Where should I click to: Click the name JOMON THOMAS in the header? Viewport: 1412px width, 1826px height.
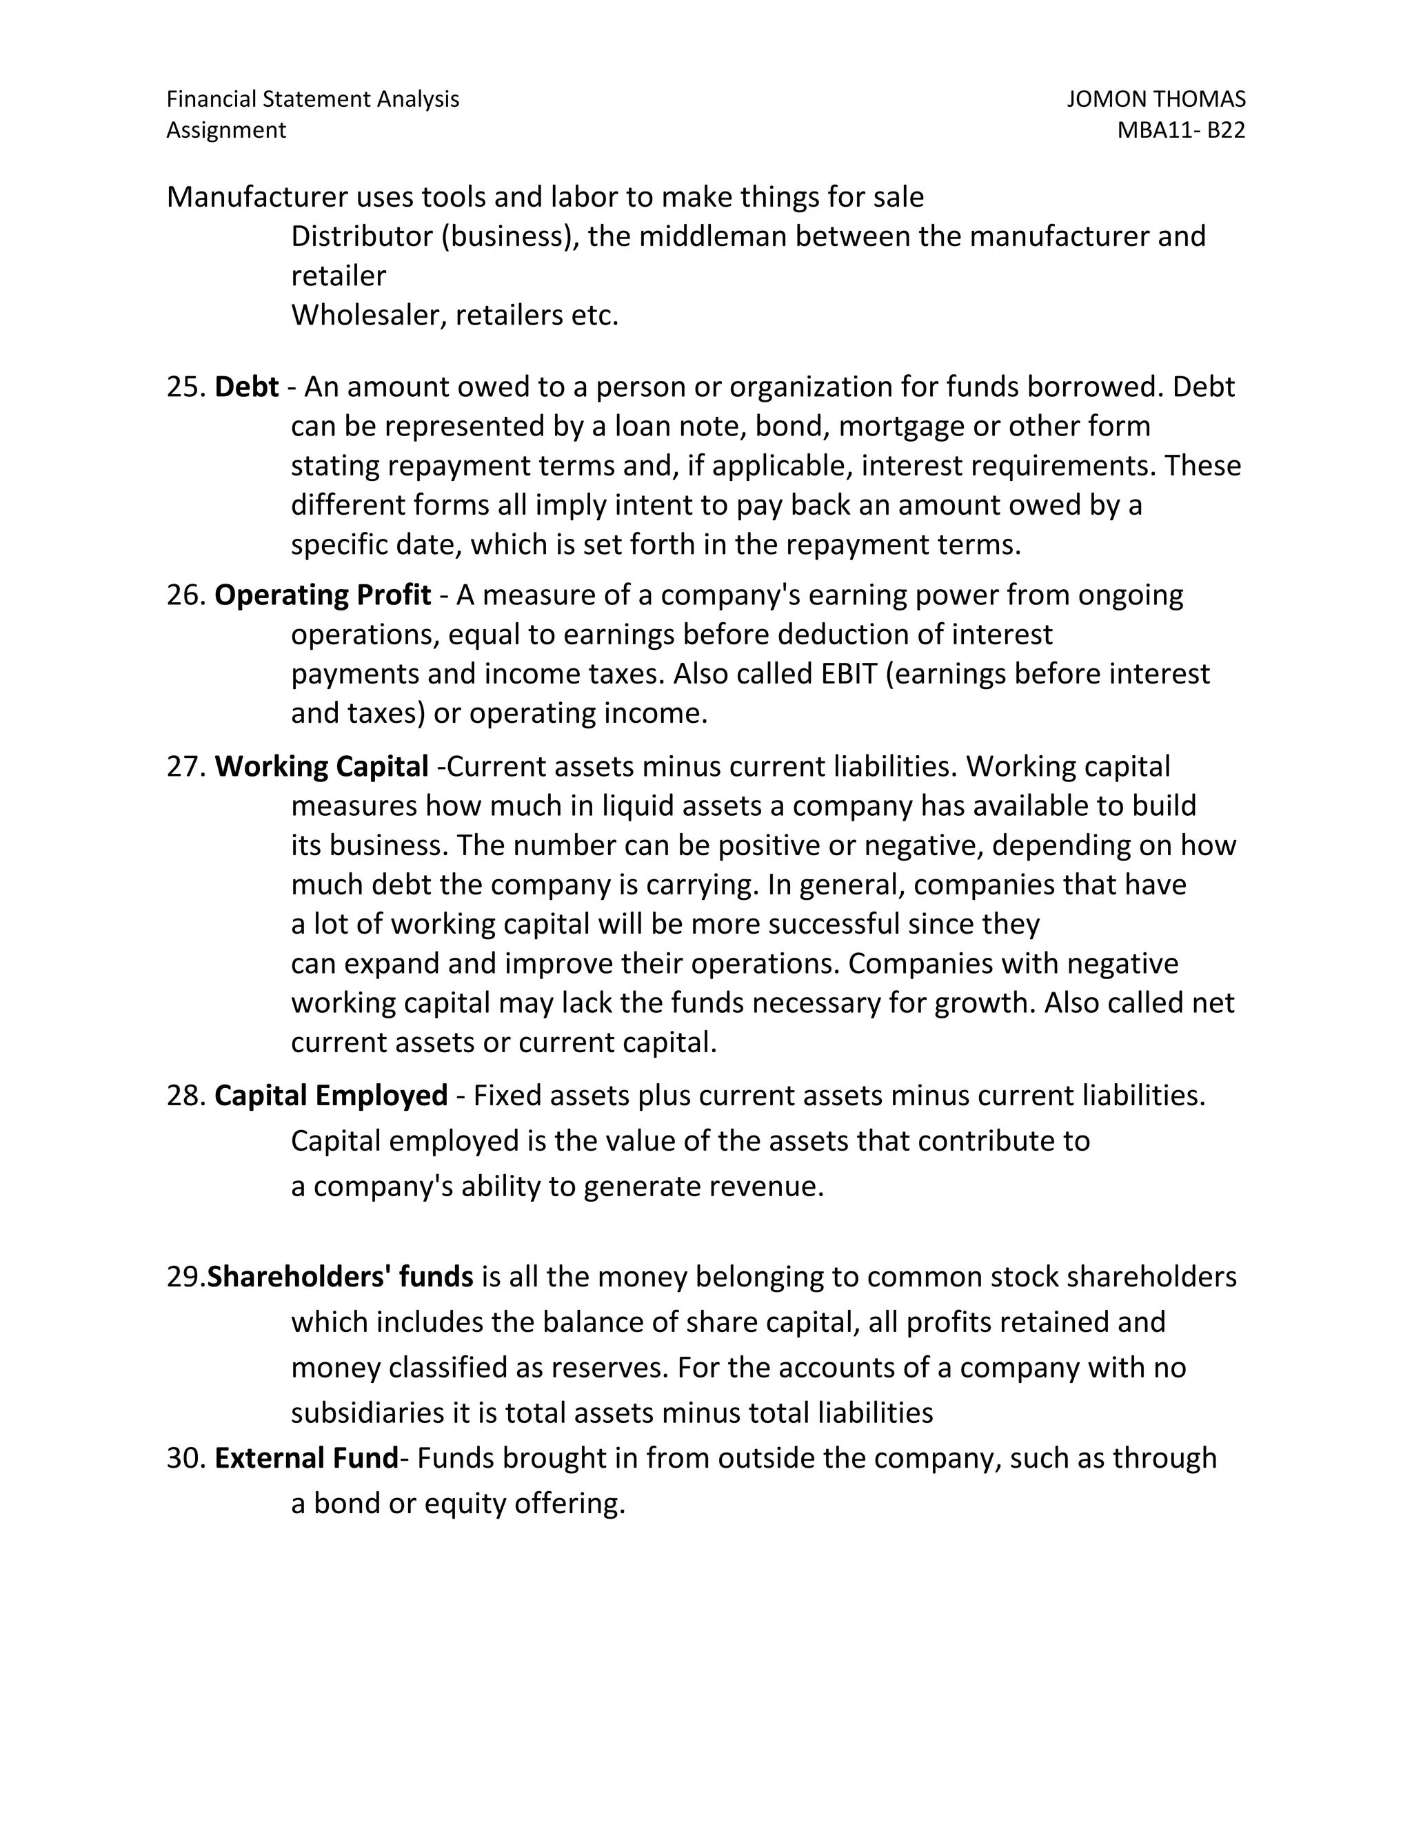pos(1156,99)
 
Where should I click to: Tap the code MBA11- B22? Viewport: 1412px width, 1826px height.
pos(1180,130)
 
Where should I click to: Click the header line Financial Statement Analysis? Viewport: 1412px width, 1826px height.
pos(313,99)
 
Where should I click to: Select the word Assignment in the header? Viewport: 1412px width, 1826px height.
pos(226,130)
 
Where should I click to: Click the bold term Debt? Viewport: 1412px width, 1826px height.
pos(246,387)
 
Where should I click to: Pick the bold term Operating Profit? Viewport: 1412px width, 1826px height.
pos(322,595)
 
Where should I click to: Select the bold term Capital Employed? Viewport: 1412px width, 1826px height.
pos(330,1096)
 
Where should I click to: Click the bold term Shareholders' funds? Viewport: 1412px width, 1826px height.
pos(340,1277)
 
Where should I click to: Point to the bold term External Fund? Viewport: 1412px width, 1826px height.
pos(306,1458)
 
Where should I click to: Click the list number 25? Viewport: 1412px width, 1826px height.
pos(185,387)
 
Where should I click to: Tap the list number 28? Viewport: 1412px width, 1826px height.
pos(185,1096)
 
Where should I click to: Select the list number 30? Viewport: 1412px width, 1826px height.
pos(185,1458)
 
